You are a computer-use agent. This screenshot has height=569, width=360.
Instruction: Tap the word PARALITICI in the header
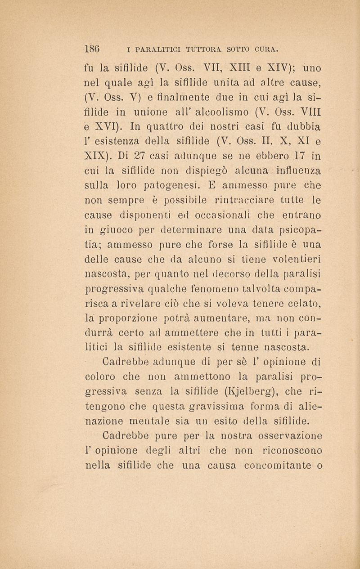pos(154,47)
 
